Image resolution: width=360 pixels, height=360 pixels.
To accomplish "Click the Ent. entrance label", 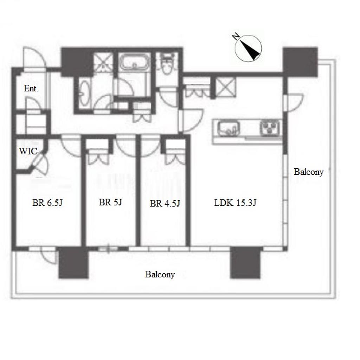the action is point(31,89).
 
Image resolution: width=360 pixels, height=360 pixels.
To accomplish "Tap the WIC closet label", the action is point(28,151).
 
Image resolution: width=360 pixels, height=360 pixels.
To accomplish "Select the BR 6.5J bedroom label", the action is point(47,203).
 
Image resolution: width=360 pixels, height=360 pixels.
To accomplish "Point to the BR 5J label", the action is point(110,202).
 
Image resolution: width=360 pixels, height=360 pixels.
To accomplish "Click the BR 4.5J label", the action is point(165,204).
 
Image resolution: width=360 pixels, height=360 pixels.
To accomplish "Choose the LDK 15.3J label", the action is point(235,203).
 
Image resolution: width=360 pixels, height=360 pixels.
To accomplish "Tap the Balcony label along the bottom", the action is point(160,274).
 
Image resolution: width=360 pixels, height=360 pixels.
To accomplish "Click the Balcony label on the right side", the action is point(309,172).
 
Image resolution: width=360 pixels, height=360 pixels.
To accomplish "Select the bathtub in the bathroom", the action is point(134,62).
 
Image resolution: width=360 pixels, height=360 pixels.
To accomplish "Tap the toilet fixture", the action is point(167,64).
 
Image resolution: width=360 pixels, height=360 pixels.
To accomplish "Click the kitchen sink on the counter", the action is point(228,129).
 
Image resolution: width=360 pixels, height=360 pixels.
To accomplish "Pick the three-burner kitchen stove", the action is point(270,128).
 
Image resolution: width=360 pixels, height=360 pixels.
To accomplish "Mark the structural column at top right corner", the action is point(300,62).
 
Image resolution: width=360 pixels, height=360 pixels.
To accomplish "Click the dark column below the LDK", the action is point(246,263).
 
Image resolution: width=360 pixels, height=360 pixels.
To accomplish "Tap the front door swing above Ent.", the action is point(34,57).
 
